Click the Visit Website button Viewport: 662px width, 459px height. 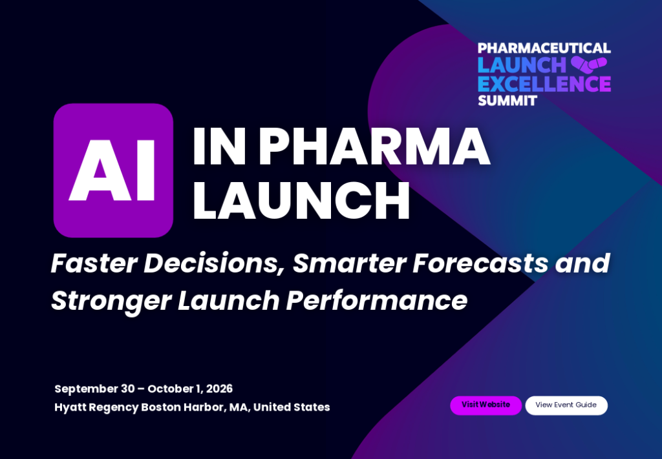click(x=486, y=405)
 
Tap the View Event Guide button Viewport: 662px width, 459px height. click(x=566, y=405)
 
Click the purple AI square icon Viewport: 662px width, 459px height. click(x=113, y=170)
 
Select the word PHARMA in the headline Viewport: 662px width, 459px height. click(x=374, y=147)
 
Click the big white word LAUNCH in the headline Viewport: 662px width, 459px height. click(x=301, y=201)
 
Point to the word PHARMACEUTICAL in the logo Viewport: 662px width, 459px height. click(x=544, y=48)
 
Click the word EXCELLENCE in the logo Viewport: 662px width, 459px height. click(x=544, y=83)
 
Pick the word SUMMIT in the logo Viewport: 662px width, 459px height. click(x=507, y=101)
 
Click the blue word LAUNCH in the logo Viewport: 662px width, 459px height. click(x=522, y=65)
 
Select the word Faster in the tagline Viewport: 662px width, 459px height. click(x=94, y=263)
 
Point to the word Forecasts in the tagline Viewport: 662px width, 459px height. click(x=480, y=263)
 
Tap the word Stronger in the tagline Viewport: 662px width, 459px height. click(x=111, y=301)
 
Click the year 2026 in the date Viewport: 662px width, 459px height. click(x=220, y=389)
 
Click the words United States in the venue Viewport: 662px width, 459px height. click(x=292, y=407)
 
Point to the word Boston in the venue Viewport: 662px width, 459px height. click(x=160, y=407)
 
